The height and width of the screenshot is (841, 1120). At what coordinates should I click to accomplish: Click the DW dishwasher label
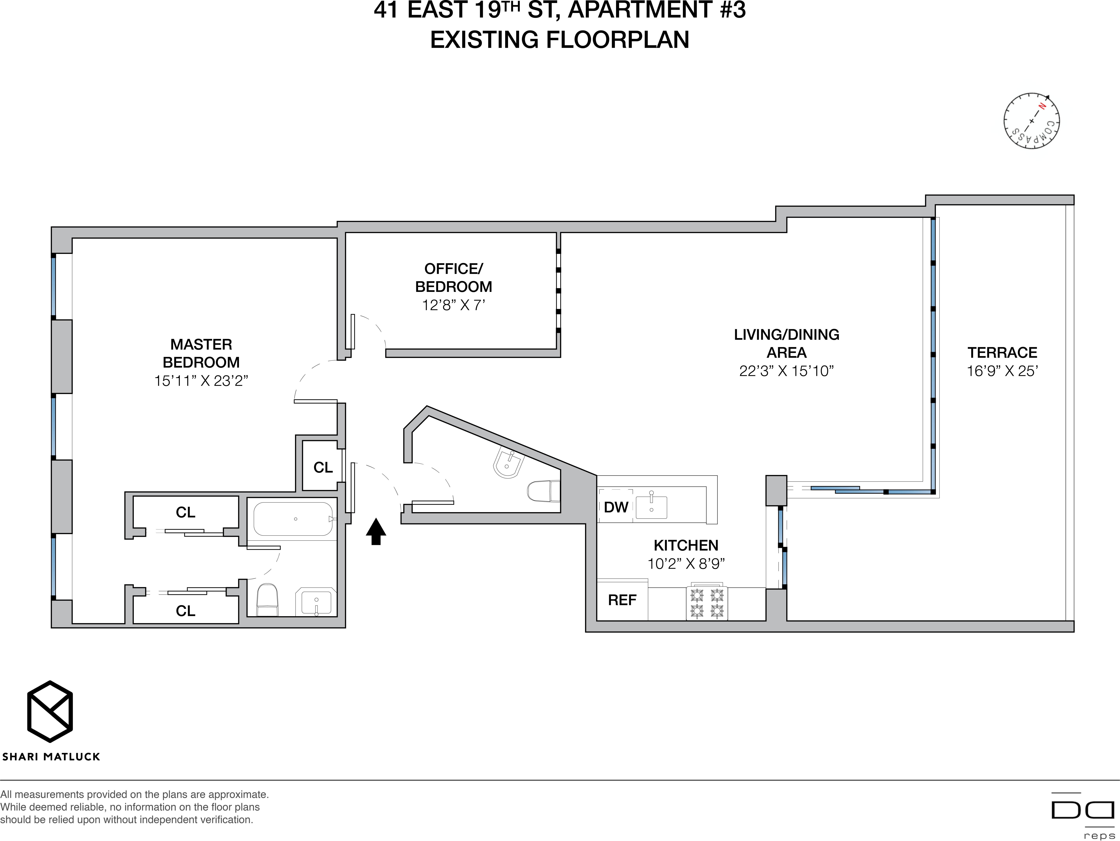coord(616,507)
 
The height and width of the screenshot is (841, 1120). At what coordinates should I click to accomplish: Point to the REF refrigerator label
coord(622,600)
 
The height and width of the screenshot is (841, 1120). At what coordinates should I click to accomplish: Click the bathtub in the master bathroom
coord(293,519)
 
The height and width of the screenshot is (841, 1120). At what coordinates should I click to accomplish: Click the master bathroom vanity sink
coord(316,602)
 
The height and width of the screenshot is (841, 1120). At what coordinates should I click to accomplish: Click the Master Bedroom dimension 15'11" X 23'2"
coord(201,380)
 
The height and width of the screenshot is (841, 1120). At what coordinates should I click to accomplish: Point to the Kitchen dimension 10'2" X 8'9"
coord(686,564)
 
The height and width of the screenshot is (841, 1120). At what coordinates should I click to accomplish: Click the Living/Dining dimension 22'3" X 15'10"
coord(786,371)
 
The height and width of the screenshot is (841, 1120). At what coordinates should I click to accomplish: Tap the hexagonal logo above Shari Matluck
coord(50,711)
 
